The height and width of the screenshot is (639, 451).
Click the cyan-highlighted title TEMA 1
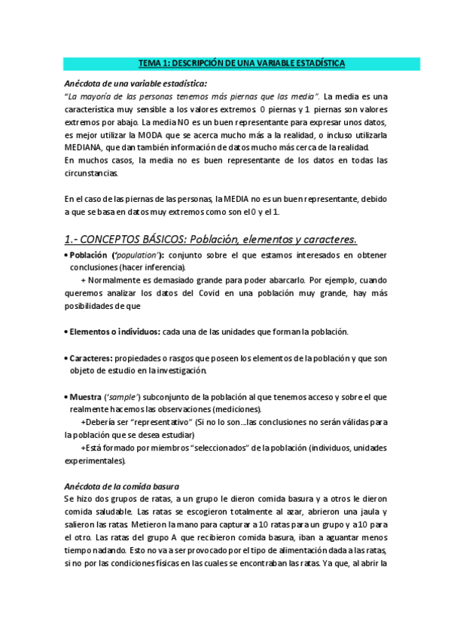click(225, 63)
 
